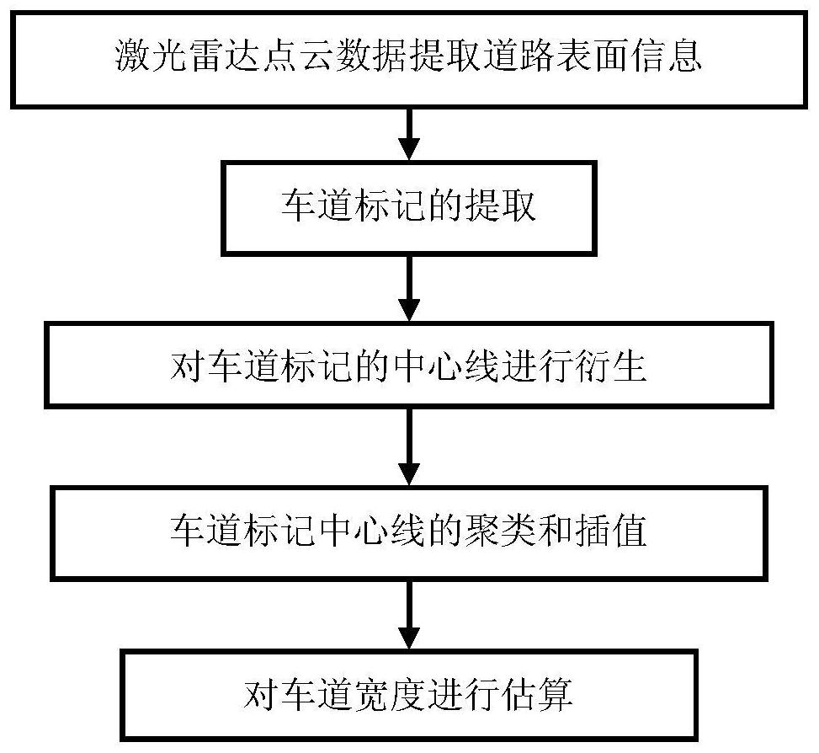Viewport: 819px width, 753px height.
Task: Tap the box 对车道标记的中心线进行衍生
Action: tap(408, 366)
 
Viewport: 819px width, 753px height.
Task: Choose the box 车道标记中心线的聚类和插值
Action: tap(408, 532)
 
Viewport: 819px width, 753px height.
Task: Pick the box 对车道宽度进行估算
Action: tap(408, 694)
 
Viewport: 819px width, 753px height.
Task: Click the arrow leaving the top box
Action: tap(408, 132)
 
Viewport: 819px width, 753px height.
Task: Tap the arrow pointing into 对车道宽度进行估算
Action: tap(408, 613)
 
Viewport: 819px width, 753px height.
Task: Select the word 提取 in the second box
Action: tap(502, 207)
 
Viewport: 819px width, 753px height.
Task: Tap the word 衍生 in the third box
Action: tap(613, 367)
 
